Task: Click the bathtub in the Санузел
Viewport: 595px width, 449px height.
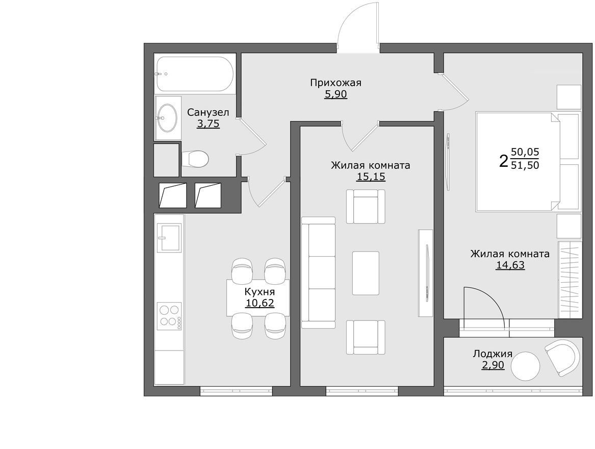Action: click(x=195, y=73)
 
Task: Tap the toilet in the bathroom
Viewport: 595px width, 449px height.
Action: click(x=195, y=159)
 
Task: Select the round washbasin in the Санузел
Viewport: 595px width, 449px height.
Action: click(x=167, y=118)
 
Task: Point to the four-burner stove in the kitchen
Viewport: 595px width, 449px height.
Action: click(x=169, y=316)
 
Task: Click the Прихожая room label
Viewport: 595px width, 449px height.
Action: click(x=335, y=83)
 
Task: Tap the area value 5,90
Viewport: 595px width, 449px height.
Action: click(x=335, y=94)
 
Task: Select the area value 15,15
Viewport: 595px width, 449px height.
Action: click(x=370, y=177)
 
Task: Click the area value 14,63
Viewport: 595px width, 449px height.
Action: click(x=510, y=265)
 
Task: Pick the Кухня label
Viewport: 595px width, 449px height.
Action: click(x=260, y=292)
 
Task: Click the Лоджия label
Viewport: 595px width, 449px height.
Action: click(x=493, y=354)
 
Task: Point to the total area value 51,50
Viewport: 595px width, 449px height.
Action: click(x=525, y=165)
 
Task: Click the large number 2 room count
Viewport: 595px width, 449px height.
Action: click(x=503, y=161)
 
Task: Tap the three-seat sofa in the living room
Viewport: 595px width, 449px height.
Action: click(x=318, y=272)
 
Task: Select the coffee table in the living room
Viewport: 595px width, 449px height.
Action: click(x=366, y=273)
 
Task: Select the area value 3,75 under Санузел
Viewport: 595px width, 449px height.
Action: click(x=208, y=124)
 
